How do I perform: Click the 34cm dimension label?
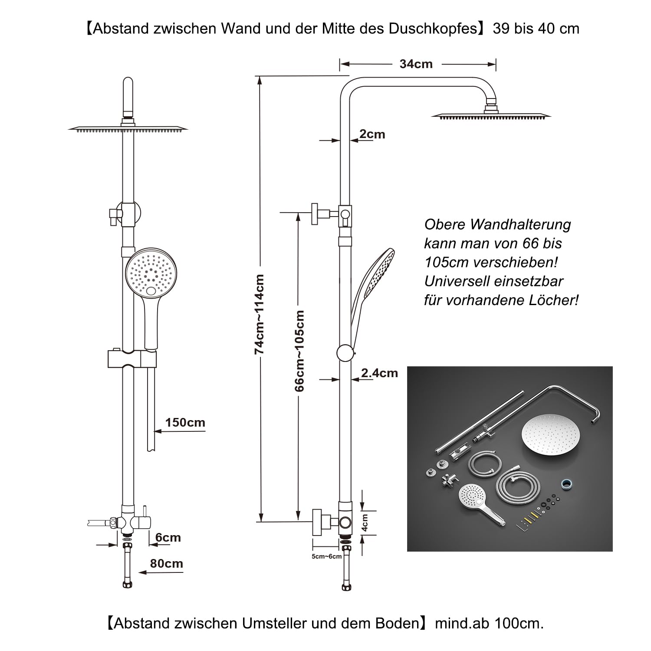[x=416, y=64]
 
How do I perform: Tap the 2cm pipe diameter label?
[x=372, y=135]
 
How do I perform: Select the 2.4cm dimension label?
[x=379, y=373]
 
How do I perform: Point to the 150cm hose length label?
[x=185, y=423]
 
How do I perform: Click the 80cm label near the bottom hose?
[x=166, y=564]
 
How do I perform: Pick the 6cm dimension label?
[x=168, y=538]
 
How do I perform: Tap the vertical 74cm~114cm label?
[x=260, y=314]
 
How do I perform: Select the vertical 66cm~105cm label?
[x=299, y=351]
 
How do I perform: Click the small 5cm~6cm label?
[x=326, y=556]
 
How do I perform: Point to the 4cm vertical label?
[x=365, y=523]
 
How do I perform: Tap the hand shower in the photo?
[x=477, y=503]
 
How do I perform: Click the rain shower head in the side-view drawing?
[x=491, y=115]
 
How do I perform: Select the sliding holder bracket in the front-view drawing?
[x=132, y=358]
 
